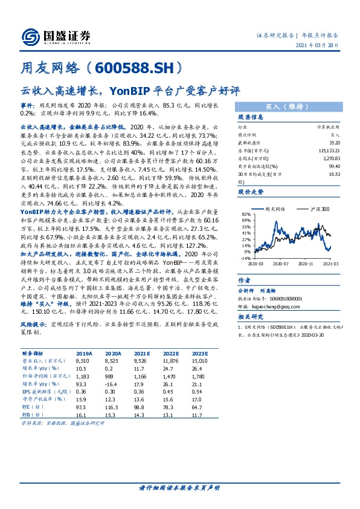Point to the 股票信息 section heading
click(x=250, y=117)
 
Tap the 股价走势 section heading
click(x=250, y=190)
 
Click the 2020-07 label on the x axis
click(x=281, y=264)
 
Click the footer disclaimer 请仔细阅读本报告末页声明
click(x=179, y=487)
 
